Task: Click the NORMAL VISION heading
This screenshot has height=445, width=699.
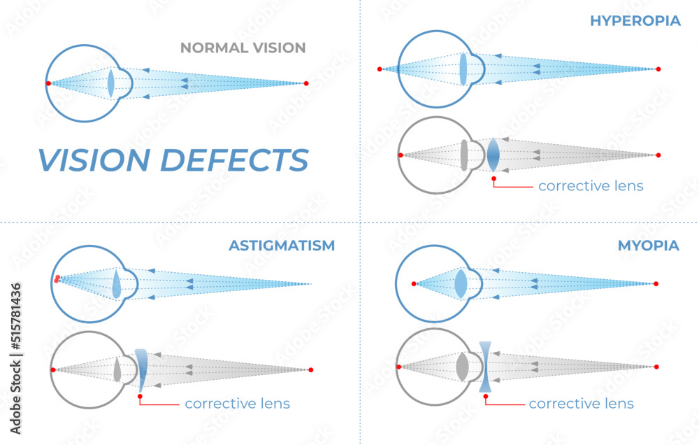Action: click(243, 48)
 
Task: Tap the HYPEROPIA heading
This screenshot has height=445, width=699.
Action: click(635, 20)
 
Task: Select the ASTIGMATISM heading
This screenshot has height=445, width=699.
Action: click(282, 246)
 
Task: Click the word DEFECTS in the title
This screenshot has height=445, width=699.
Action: click(235, 160)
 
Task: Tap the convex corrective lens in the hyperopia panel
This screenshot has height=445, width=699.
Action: click(493, 155)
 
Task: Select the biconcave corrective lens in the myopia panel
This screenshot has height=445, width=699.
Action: click(486, 367)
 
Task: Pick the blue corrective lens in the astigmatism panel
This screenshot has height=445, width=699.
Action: click(141, 369)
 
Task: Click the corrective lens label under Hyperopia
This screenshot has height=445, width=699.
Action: click(591, 187)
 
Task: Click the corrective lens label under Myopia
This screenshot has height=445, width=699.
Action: click(581, 404)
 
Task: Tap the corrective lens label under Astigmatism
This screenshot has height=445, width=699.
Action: click(237, 404)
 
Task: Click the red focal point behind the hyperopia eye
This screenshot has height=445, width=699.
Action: click(380, 69)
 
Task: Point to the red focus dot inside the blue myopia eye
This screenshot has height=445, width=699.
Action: click(414, 283)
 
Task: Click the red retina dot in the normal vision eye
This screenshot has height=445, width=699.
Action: click(48, 83)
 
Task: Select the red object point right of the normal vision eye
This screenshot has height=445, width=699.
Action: click(306, 83)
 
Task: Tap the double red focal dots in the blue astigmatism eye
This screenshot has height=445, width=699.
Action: click(57, 279)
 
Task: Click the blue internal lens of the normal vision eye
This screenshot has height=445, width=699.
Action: click(110, 83)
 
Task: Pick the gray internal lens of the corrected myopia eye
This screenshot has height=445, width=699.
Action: click(461, 367)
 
